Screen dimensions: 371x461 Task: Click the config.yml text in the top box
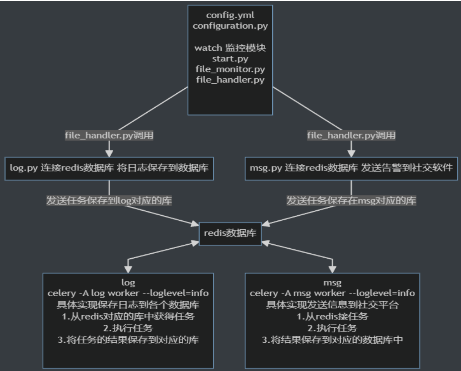point(230,16)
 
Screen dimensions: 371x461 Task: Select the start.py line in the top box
point(230,59)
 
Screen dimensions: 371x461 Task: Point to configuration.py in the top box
point(230,26)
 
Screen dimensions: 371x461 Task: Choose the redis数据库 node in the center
point(230,234)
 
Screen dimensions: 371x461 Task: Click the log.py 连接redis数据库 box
point(109,169)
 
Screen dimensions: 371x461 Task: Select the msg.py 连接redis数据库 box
point(351,169)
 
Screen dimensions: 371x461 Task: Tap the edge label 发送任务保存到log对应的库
point(109,201)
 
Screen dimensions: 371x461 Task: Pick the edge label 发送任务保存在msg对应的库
point(351,201)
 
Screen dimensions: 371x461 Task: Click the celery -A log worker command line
point(128,293)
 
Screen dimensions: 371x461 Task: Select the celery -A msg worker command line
point(332,293)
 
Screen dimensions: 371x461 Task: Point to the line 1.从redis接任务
point(332,317)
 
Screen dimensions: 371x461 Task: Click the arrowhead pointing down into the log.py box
point(109,153)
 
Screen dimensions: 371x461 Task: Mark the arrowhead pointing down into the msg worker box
point(332,268)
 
